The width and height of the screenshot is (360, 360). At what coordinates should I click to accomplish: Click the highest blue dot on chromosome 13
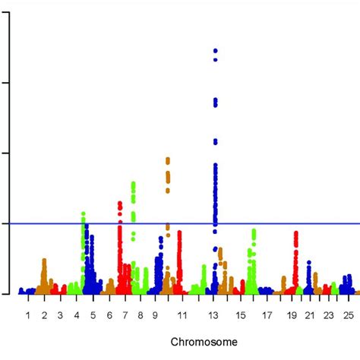point(216,50)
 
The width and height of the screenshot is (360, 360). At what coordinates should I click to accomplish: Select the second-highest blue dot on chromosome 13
point(216,58)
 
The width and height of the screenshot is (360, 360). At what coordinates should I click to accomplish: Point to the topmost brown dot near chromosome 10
point(168,159)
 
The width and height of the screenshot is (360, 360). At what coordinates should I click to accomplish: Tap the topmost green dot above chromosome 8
point(134,184)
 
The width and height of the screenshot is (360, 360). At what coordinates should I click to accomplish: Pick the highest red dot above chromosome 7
point(120,203)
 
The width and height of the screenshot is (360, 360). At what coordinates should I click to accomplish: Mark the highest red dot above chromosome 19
point(295,233)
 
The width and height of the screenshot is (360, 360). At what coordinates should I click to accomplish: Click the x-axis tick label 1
point(28,314)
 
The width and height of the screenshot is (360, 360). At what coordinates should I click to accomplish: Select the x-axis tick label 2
point(44,314)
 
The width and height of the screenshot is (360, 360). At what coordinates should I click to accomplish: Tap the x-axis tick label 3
point(60,314)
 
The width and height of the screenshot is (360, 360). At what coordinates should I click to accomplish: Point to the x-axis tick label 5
point(93,314)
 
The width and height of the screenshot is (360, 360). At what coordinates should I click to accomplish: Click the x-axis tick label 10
point(156,314)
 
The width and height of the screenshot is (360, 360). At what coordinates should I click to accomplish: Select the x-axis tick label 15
point(240,314)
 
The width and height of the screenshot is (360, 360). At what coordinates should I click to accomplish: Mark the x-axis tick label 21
point(311,314)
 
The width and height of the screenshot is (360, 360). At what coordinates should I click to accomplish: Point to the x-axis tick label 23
point(328,314)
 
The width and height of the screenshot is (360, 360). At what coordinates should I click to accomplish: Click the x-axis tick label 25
point(347,314)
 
